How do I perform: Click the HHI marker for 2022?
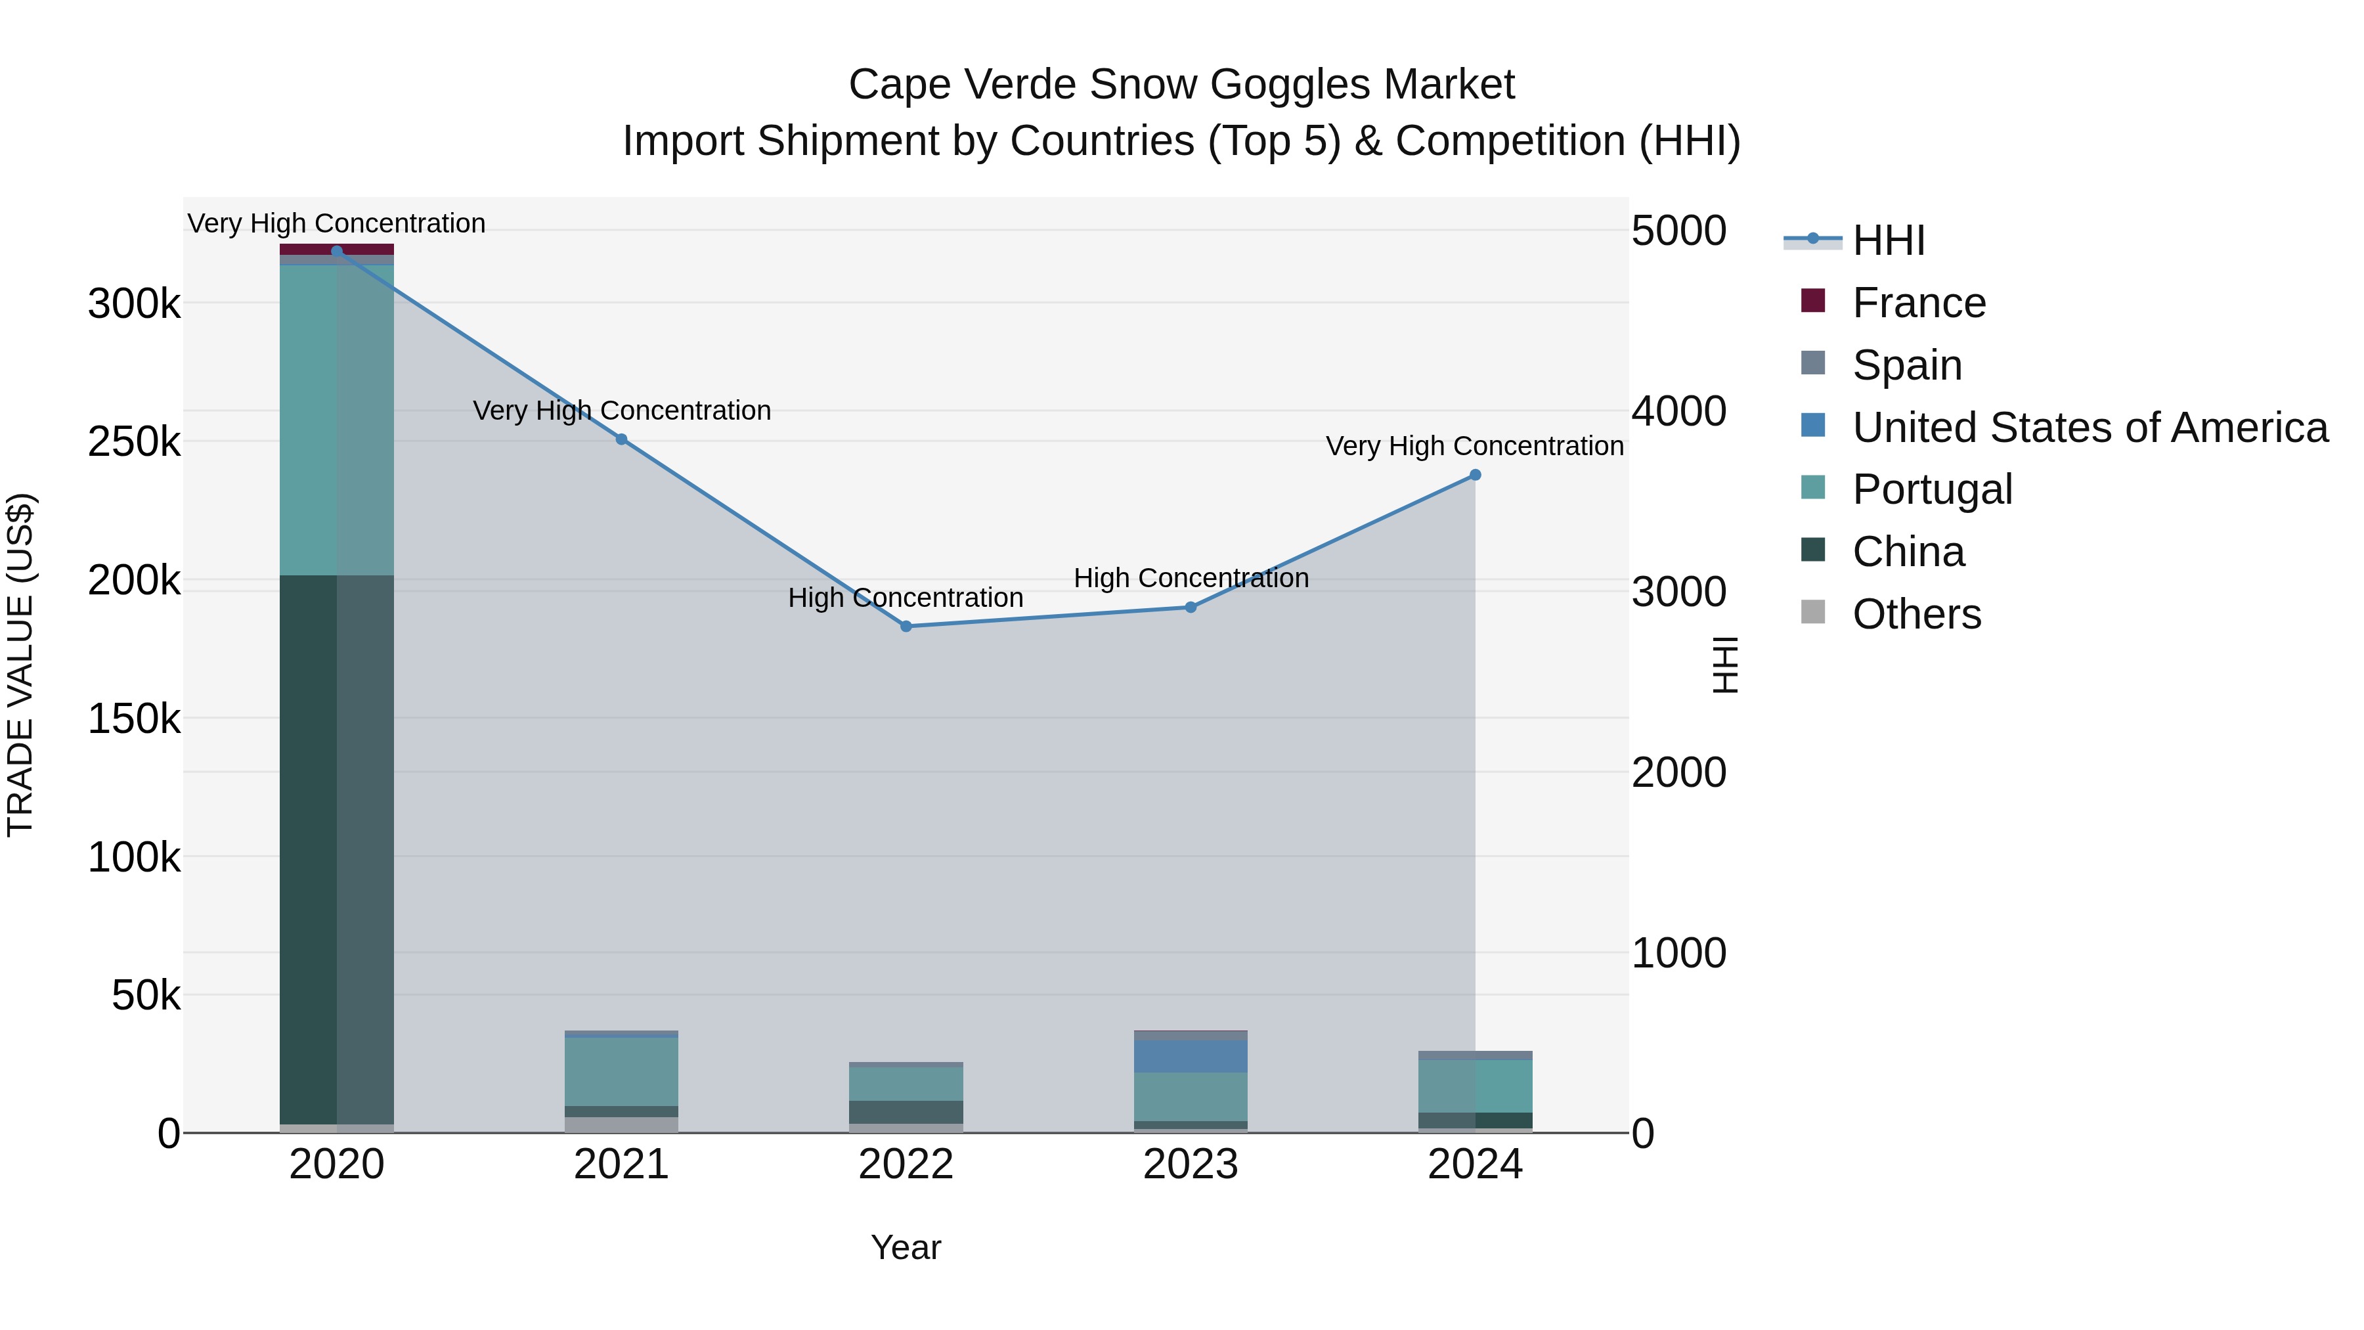click(906, 626)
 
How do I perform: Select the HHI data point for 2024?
click(1475, 475)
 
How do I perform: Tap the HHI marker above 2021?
click(621, 439)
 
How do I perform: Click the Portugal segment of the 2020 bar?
click(336, 420)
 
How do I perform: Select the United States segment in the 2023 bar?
click(1191, 1055)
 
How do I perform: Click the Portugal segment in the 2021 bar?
click(621, 1071)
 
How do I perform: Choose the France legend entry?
click(1918, 303)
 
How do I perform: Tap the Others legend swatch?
click(1812, 611)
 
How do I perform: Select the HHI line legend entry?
click(1888, 240)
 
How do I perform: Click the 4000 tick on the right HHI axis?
click(1678, 410)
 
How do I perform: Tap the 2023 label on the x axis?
click(1191, 1164)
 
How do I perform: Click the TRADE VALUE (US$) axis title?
click(20, 665)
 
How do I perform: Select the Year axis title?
click(906, 1247)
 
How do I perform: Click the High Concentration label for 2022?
click(905, 598)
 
